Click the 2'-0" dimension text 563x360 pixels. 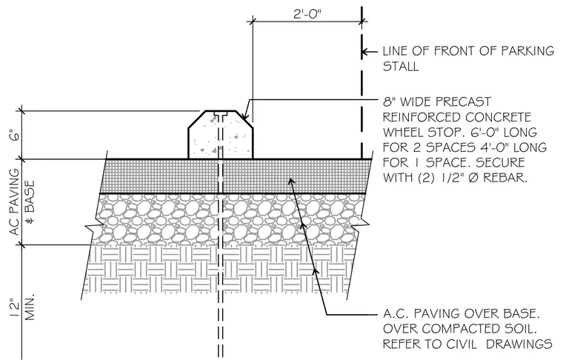coord(307,14)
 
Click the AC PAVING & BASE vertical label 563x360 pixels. coord(22,202)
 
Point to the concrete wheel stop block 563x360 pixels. coord(221,135)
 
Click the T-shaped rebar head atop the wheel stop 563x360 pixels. coord(221,115)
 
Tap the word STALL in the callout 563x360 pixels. coord(400,67)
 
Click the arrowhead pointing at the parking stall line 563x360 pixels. coord(364,52)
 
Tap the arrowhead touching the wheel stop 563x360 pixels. coord(244,116)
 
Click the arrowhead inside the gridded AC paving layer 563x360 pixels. coord(292,181)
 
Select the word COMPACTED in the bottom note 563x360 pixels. coord(456,329)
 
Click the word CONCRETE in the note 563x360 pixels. coord(498,117)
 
